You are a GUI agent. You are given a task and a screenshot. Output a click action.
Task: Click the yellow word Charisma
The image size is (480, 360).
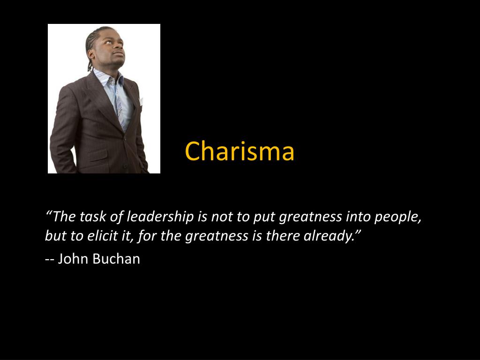[x=240, y=151]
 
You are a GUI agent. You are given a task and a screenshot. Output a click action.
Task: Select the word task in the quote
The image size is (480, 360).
[x=93, y=217]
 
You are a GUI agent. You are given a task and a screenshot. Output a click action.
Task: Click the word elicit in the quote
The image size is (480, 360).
[x=103, y=236]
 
